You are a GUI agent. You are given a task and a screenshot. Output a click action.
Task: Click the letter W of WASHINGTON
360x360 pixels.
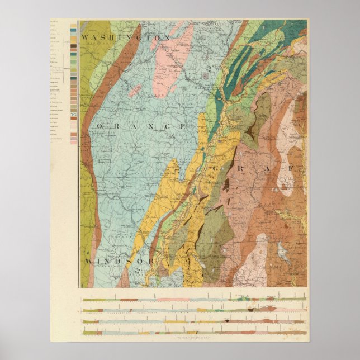coord(85,37)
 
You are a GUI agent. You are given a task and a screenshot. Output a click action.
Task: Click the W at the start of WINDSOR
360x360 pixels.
coord(88,262)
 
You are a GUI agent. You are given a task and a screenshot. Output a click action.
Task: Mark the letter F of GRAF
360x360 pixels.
coord(291,168)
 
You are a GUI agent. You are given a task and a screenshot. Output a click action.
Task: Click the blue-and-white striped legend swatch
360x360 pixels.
coord(73,117)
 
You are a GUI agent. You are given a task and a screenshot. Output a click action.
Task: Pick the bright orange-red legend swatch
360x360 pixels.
coord(73,41)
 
